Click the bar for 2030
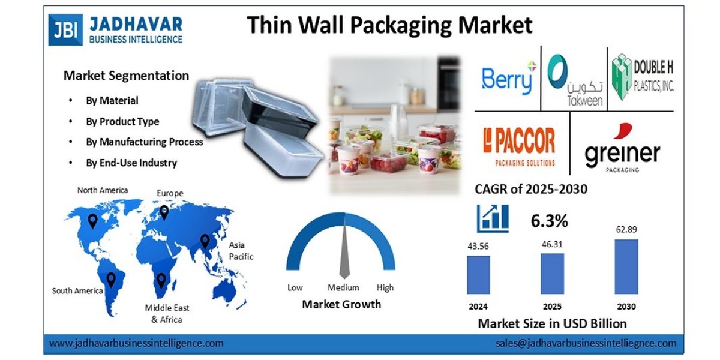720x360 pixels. point(626,266)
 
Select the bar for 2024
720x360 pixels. point(478,275)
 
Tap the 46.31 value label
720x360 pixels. point(552,245)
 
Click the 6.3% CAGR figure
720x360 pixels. point(549,221)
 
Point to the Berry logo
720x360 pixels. point(508,78)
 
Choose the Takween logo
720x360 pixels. point(575,80)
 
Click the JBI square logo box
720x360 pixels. point(65,30)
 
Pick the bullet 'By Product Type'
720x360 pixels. point(122,121)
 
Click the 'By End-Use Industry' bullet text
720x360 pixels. point(131,163)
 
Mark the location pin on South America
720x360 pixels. point(111,278)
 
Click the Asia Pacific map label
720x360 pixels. point(241,251)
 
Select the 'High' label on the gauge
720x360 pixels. point(385,287)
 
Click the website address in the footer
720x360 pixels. point(136,343)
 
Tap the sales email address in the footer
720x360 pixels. point(586,343)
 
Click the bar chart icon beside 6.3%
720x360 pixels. point(493,218)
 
